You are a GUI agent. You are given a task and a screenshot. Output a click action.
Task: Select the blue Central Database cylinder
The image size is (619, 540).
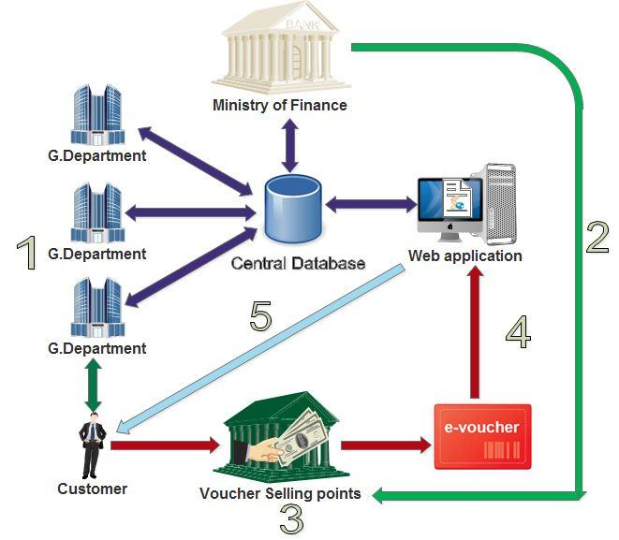tap(292, 211)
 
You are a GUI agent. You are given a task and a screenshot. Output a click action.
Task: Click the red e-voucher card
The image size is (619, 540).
tap(482, 436)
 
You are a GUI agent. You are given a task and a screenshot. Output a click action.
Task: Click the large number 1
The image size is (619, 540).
tap(28, 254)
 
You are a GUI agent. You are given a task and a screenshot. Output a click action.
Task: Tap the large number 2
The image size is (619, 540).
tap(597, 239)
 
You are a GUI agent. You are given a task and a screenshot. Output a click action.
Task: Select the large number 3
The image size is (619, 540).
tap(291, 518)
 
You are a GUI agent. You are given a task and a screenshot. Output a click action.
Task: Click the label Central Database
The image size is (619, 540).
tap(298, 263)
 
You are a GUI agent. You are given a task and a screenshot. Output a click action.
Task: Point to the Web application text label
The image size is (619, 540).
tap(465, 255)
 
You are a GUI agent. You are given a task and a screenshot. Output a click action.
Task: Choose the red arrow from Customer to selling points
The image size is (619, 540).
tap(163, 445)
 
